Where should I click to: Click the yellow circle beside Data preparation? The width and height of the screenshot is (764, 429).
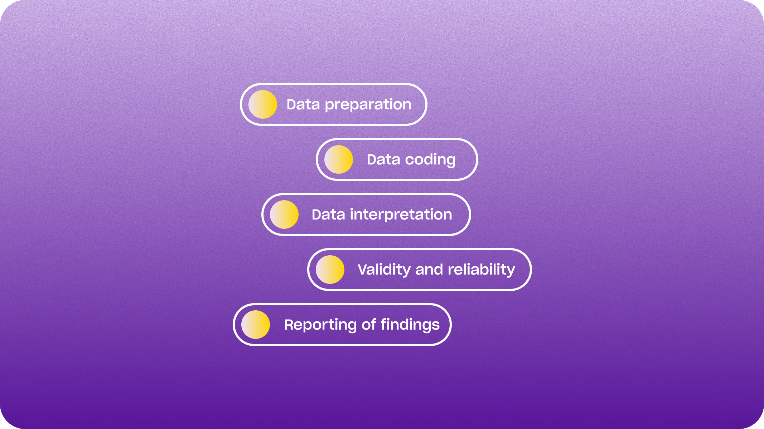(263, 104)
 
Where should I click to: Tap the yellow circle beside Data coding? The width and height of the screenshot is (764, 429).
(339, 159)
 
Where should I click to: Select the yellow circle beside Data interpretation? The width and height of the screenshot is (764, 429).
(284, 214)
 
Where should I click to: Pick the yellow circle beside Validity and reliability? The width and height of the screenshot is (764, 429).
(330, 270)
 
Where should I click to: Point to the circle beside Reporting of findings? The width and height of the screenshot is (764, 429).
(256, 325)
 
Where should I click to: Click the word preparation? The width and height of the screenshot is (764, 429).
(368, 105)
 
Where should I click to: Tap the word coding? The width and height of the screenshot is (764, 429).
(430, 160)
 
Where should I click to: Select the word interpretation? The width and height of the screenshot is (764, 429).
(401, 214)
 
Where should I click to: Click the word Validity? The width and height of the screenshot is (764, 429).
(384, 270)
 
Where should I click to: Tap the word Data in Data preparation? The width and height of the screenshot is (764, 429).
(303, 104)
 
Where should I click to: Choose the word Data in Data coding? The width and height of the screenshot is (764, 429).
(383, 159)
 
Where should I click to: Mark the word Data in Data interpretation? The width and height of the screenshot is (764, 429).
(328, 214)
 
